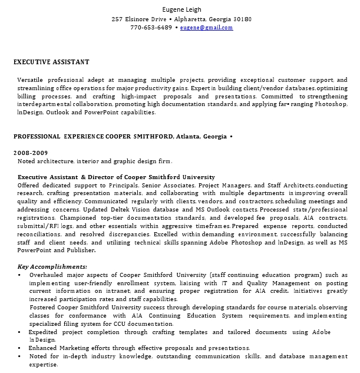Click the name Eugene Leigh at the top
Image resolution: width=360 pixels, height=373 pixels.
tap(181, 9)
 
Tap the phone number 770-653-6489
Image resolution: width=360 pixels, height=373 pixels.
tap(151, 28)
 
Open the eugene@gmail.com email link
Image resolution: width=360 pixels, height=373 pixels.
tap(207, 28)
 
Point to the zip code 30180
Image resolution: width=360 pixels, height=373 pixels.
tap(242, 19)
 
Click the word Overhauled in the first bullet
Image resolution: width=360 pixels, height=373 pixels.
tap(48, 275)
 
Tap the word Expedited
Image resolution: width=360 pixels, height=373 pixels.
tap(47, 332)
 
